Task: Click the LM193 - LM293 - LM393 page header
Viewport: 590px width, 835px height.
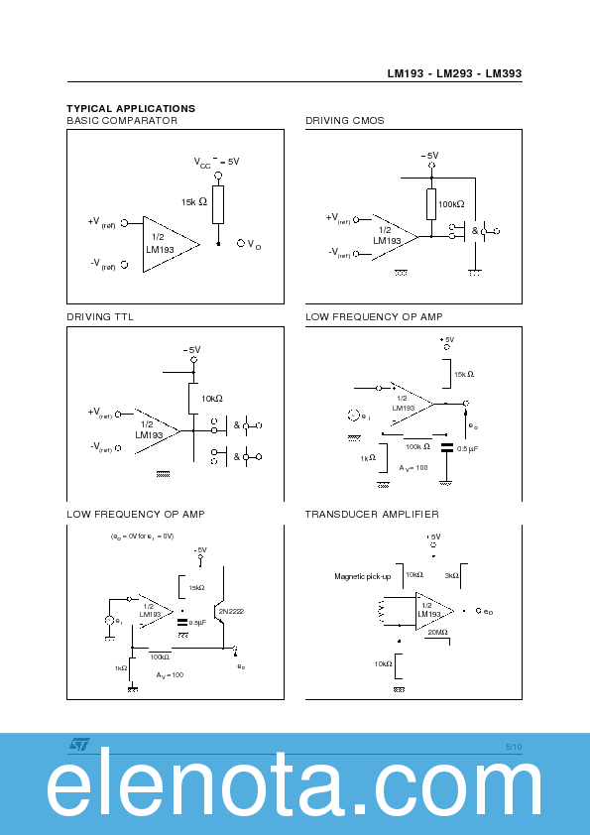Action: (454, 73)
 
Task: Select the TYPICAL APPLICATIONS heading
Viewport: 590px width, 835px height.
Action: (131, 108)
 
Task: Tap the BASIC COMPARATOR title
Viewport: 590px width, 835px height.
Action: (122, 121)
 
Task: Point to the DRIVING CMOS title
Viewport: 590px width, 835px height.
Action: (344, 121)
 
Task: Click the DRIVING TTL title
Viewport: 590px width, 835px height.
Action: (100, 317)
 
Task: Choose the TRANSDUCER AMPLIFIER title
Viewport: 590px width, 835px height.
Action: (372, 515)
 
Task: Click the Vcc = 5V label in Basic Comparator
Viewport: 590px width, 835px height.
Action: (216, 161)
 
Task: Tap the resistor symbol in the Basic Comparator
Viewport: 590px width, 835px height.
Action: (218, 203)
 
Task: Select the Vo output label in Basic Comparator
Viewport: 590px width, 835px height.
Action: (250, 244)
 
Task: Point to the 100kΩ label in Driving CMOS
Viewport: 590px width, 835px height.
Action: (451, 204)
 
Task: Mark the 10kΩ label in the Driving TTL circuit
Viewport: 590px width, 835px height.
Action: (213, 399)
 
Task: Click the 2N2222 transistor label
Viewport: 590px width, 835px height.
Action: (230, 612)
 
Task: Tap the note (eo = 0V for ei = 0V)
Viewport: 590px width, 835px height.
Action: (142, 536)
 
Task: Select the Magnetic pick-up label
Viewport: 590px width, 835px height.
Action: (362, 576)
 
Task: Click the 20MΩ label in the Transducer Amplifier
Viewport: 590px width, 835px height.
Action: (437, 632)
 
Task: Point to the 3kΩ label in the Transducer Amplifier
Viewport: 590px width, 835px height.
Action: (451, 575)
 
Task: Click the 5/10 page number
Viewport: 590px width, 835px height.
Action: (513, 746)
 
